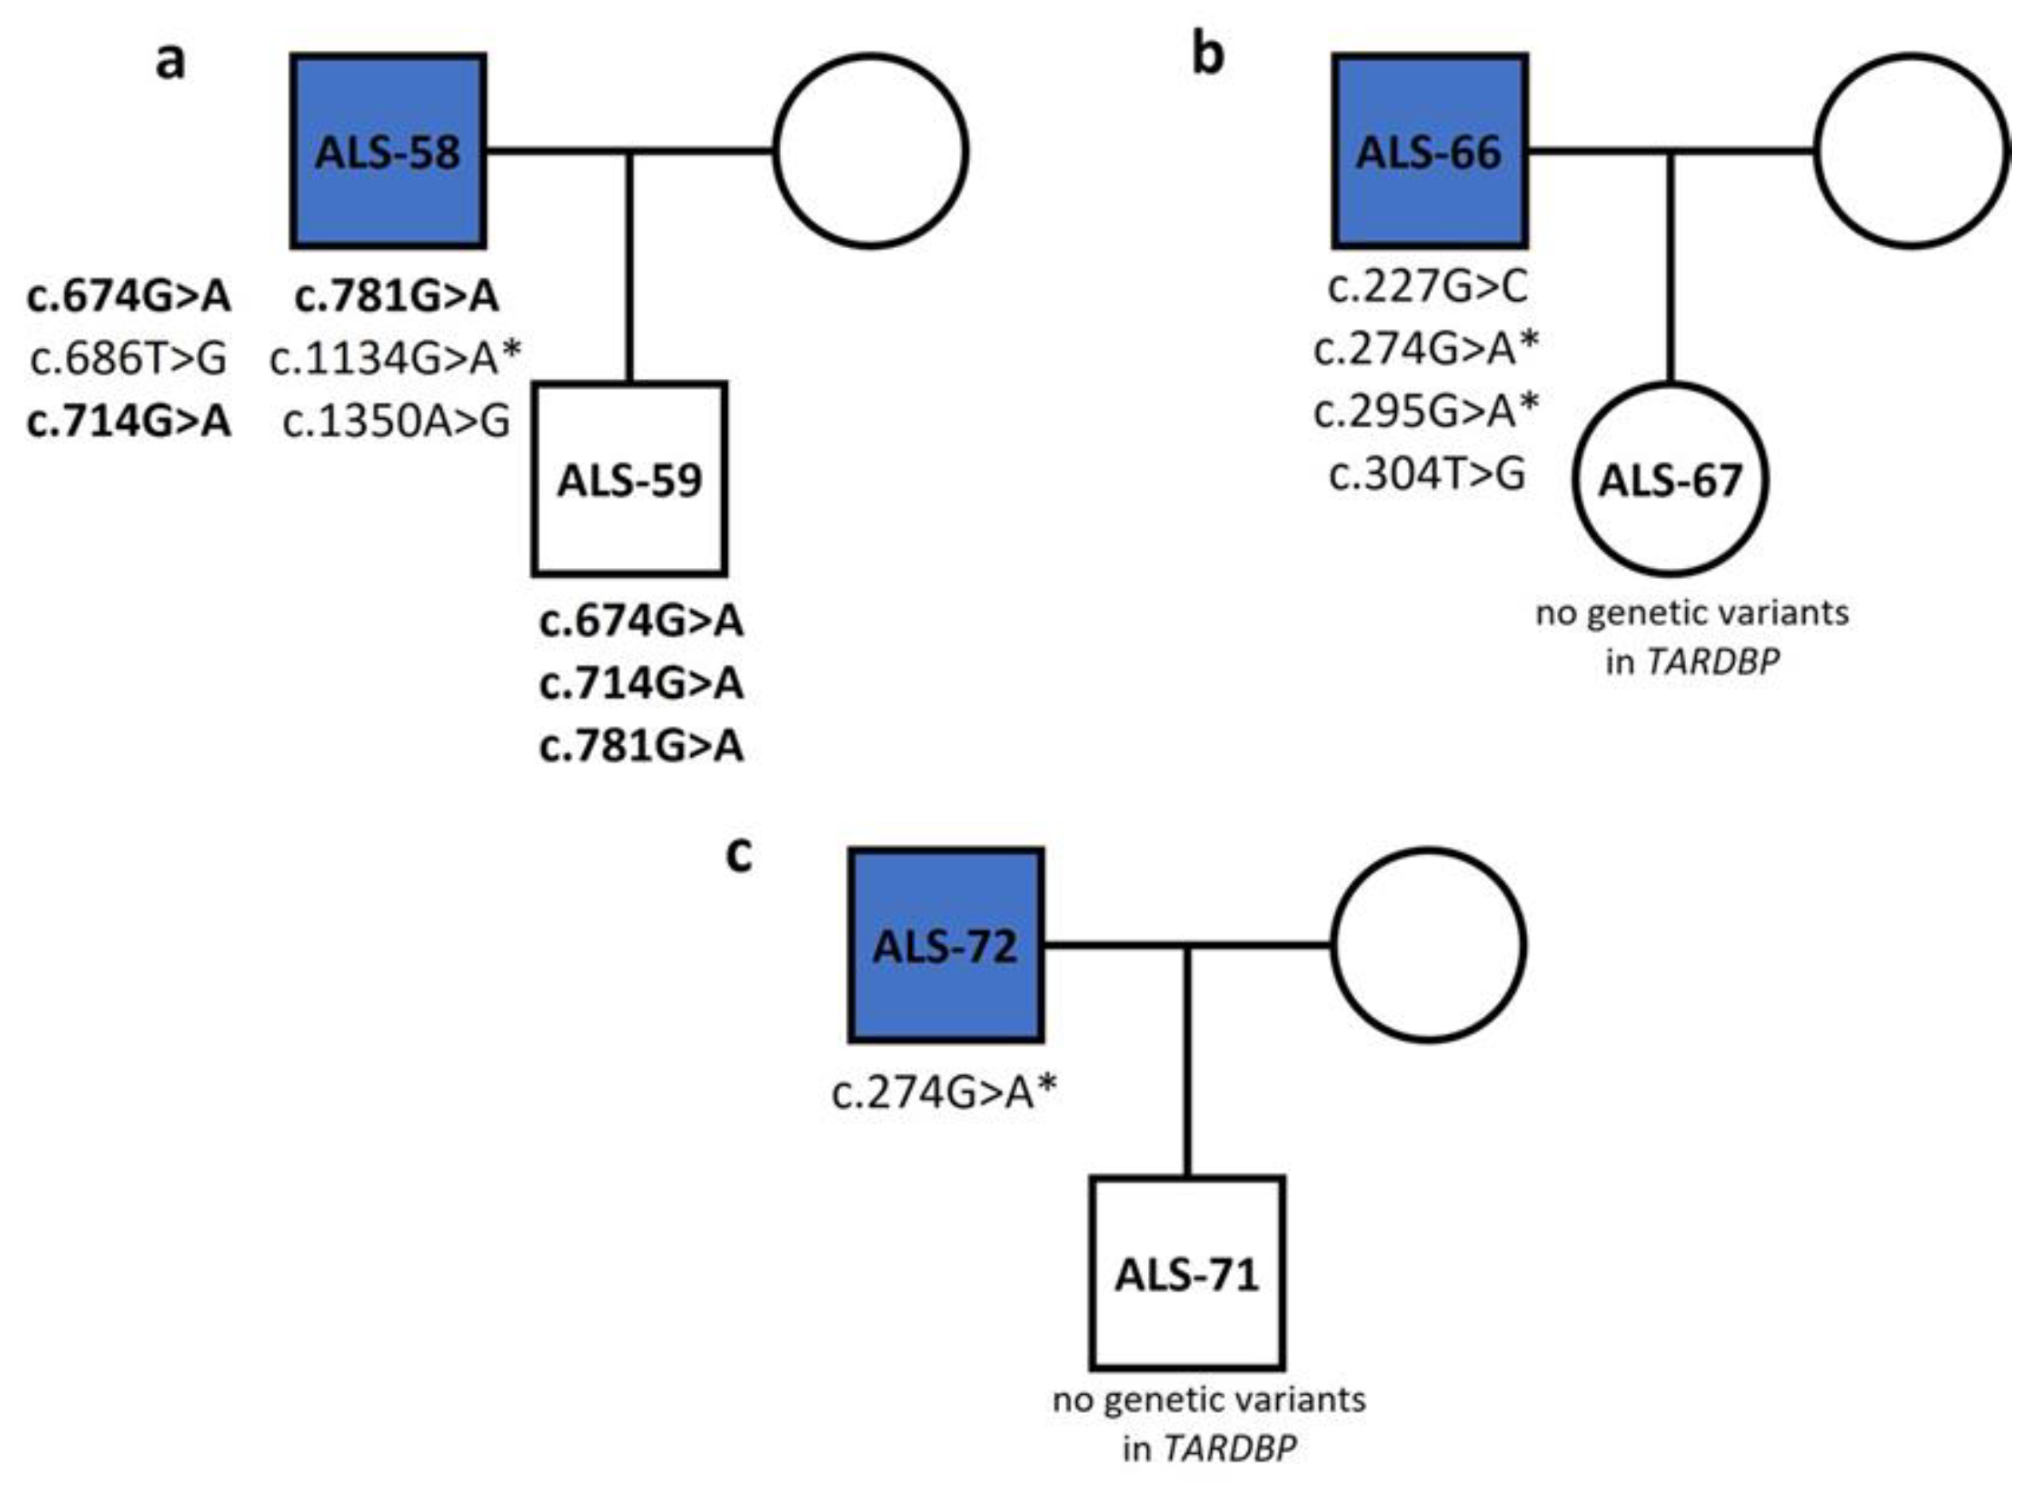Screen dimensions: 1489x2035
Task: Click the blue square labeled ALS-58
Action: [x=387, y=151]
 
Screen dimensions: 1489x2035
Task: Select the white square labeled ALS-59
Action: [x=629, y=479]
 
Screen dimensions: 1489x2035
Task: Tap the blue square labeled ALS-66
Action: [x=1429, y=151]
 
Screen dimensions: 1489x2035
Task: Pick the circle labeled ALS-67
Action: [x=1670, y=479]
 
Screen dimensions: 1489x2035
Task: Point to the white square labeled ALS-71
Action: [x=1187, y=1273]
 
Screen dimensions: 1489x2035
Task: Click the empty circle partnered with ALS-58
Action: [x=872, y=151]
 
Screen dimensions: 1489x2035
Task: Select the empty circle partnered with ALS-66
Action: [x=1913, y=151]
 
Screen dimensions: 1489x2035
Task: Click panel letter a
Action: [x=171, y=62]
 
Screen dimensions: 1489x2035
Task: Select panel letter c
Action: [x=738, y=854]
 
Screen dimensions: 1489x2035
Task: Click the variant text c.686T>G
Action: [x=128, y=358]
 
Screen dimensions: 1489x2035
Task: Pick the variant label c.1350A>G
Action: [x=396, y=421]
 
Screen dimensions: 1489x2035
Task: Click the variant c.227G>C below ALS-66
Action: [x=1428, y=287]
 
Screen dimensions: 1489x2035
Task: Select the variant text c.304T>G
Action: [x=1428, y=474]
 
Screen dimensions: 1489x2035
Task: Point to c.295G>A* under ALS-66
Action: [x=1428, y=412]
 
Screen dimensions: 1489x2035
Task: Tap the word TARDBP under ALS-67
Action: [x=1713, y=663]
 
